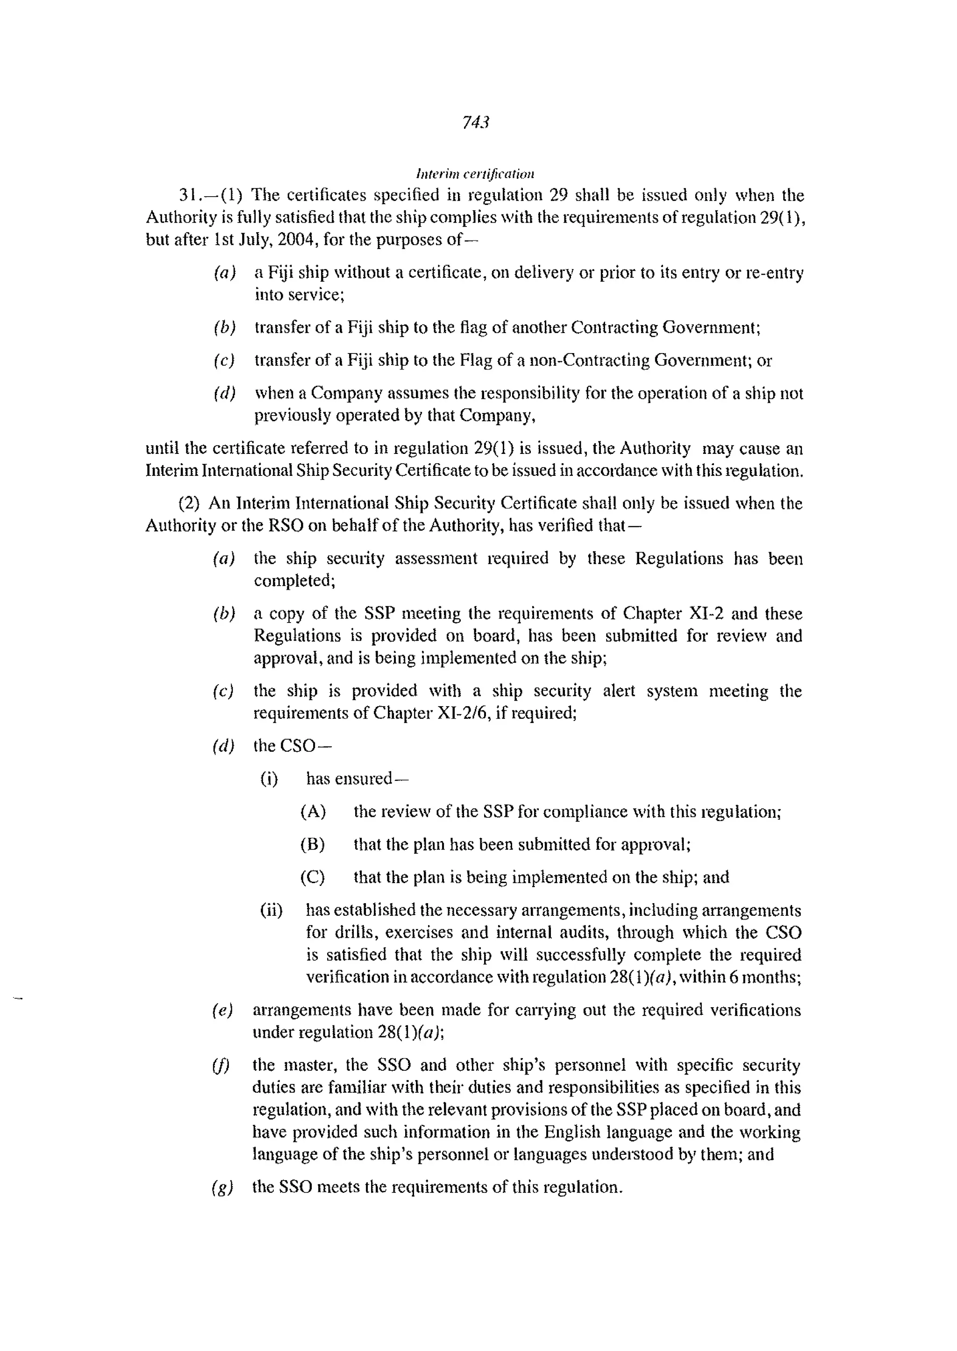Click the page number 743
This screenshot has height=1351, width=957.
[476, 122]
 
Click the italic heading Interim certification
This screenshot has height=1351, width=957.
[475, 174]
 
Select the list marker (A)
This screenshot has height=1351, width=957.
[313, 812]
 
